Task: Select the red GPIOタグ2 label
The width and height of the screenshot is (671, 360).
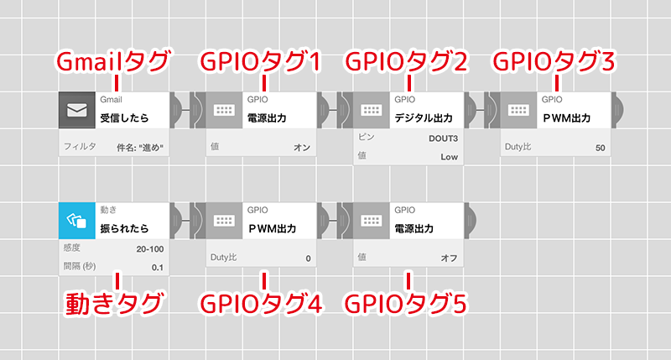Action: [408, 61]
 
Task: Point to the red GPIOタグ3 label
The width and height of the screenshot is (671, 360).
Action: [555, 61]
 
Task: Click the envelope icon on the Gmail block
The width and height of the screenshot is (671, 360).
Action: [76, 110]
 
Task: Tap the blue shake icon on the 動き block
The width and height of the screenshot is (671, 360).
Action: [76, 222]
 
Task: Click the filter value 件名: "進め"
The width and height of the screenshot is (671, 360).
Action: [140, 147]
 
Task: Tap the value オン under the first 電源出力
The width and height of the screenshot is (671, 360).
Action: [302, 147]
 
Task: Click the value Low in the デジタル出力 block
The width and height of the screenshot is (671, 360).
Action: [449, 156]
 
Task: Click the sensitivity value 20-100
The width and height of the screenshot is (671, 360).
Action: [149, 249]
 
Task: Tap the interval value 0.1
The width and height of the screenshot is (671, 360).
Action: [158, 268]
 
